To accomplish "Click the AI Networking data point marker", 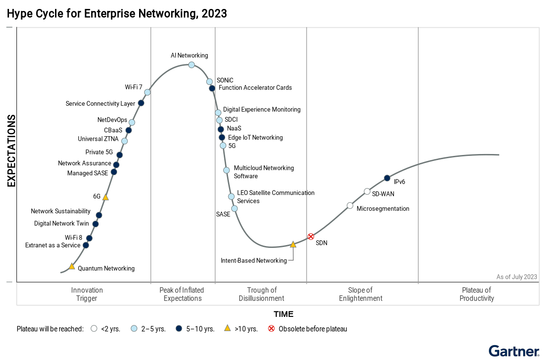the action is pos(191,65).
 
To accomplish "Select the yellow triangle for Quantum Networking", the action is pos(72,266).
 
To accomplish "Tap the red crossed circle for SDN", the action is pos(311,237).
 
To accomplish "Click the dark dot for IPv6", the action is pos(387,178).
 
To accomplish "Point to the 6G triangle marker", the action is pos(105,197).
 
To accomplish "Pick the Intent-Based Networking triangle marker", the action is pos(293,244).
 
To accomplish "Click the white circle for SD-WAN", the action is pos(367,192).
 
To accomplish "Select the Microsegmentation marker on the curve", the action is pos(350,206).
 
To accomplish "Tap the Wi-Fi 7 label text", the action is pos(134,87).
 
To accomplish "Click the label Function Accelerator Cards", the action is pos(255,88).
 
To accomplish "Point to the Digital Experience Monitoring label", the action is pos(262,109).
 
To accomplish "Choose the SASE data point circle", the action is pos(234,208).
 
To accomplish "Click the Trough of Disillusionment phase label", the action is pos(262,294).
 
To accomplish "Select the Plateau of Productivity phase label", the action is pos(477,294).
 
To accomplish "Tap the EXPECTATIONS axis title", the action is pos(12,151).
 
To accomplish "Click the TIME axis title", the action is pos(283,314).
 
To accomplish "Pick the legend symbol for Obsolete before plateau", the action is pos(271,328).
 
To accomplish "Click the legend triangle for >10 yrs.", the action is pos(228,328).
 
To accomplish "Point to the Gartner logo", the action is pos(514,351).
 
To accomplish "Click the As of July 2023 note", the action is pos(517,277).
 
